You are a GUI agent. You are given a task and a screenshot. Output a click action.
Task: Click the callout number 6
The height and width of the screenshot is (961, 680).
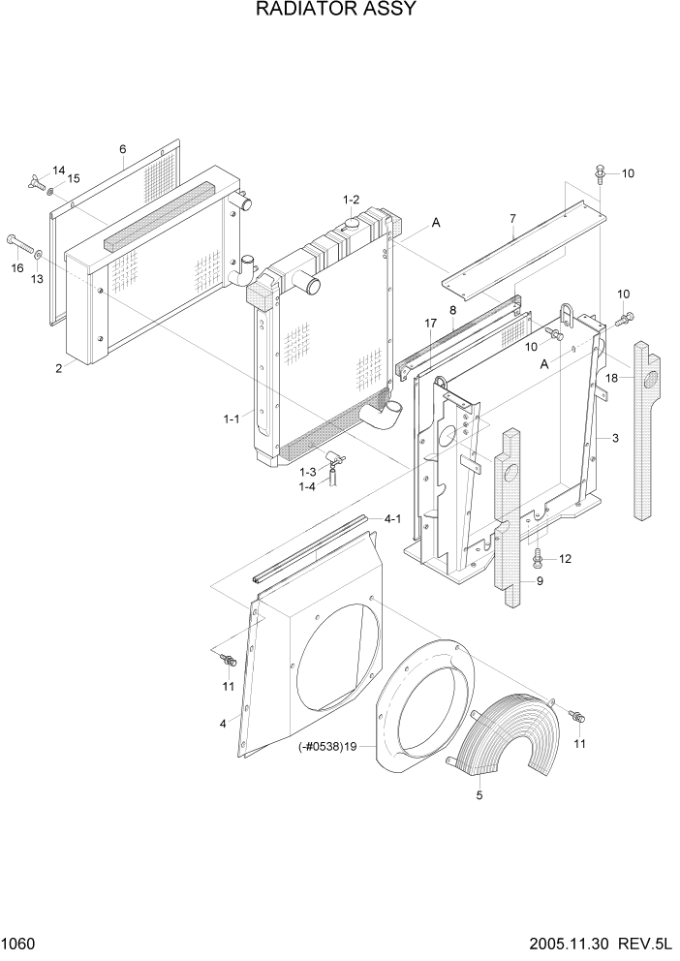click(123, 149)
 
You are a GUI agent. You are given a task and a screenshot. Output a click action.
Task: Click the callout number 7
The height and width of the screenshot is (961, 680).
click(512, 218)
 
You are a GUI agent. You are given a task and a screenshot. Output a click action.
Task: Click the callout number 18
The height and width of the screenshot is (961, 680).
click(611, 377)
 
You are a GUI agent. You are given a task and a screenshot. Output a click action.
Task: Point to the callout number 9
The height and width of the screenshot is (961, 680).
click(540, 581)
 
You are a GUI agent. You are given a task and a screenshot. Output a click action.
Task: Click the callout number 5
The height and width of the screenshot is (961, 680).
click(479, 795)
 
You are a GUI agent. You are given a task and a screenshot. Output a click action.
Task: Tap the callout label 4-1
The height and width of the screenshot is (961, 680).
click(392, 519)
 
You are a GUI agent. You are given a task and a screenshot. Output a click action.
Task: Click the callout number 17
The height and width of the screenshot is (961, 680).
click(430, 323)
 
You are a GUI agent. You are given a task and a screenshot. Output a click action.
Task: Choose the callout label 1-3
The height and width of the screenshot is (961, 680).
click(307, 471)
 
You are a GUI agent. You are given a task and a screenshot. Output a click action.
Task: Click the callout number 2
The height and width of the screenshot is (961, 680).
click(59, 368)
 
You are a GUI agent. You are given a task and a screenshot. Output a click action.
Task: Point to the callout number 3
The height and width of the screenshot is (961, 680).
click(614, 439)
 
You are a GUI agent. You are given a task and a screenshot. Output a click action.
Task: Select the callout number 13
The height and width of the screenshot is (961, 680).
click(38, 279)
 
